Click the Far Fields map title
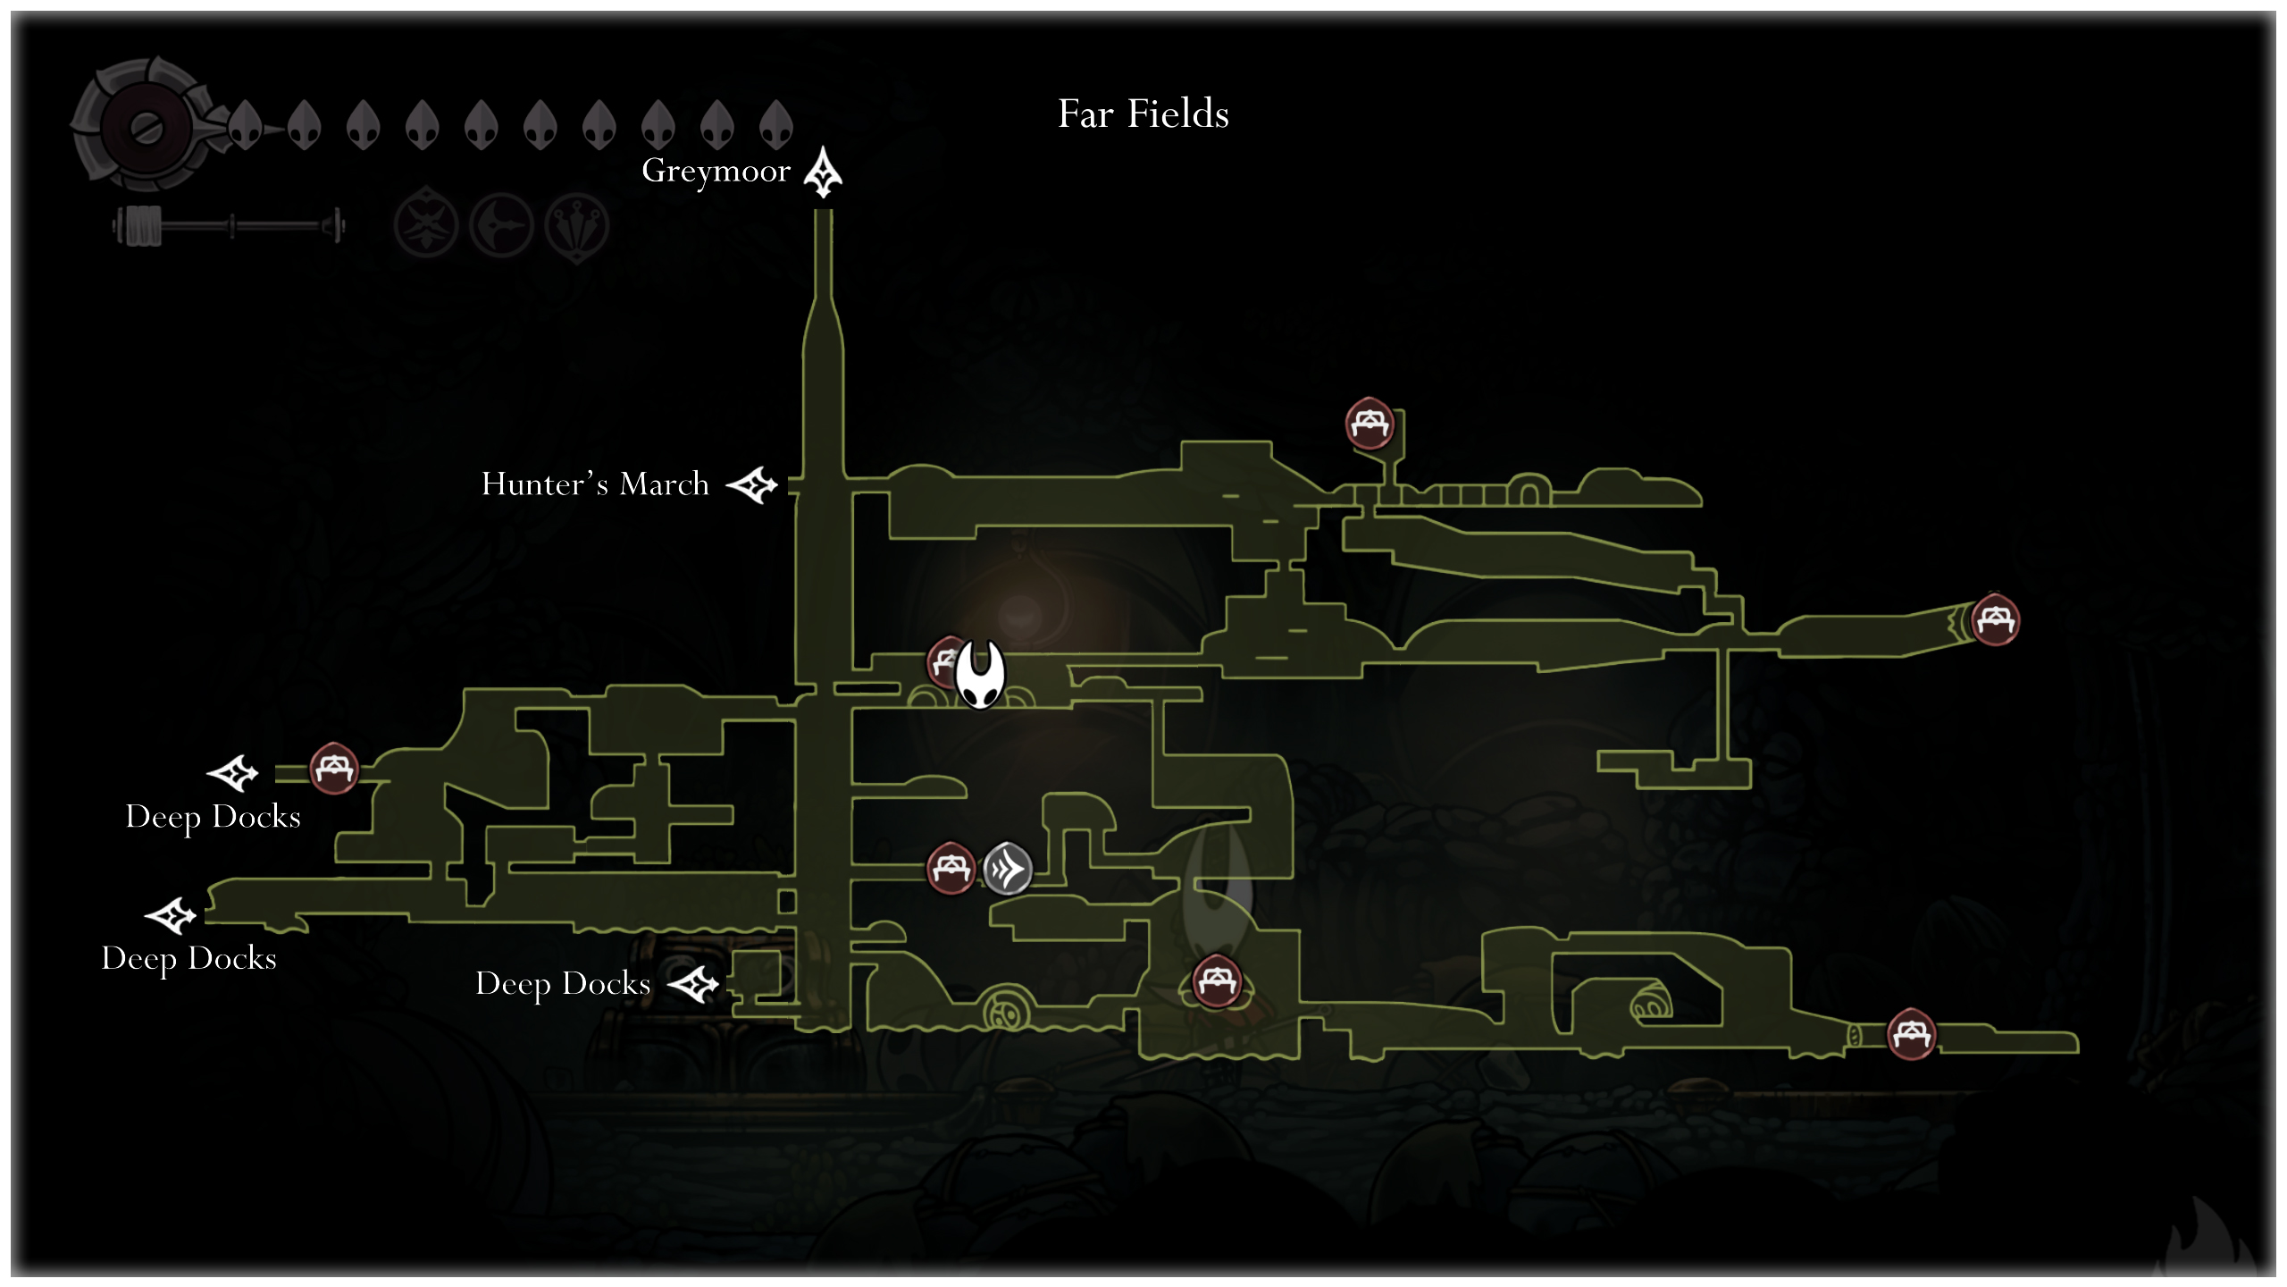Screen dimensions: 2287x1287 point(1143,114)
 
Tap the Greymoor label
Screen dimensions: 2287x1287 point(716,171)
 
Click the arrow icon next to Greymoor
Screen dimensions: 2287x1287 point(823,172)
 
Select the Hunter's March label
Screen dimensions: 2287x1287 point(595,484)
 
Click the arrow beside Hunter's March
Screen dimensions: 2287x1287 point(752,485)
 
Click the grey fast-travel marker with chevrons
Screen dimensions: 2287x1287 point(1008,868)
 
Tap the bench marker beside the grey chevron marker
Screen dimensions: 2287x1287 point(951,867)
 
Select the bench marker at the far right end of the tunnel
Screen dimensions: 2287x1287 point(1995,618)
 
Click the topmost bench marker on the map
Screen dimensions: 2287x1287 point(1370,423)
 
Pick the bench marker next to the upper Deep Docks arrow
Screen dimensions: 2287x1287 point(334,768)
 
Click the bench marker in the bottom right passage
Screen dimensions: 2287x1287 point(1911,1033)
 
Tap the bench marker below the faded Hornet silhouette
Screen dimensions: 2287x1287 point(1217,980)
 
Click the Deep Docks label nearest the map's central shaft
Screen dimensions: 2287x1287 point(563,983)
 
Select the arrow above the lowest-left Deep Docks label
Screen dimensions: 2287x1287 point(171,916)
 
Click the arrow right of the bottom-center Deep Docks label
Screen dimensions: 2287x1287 point(693,985)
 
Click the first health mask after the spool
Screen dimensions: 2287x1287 point(246,124)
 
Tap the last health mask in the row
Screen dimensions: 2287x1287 point(776,124)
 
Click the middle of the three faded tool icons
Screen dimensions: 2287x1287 point(502,225)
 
